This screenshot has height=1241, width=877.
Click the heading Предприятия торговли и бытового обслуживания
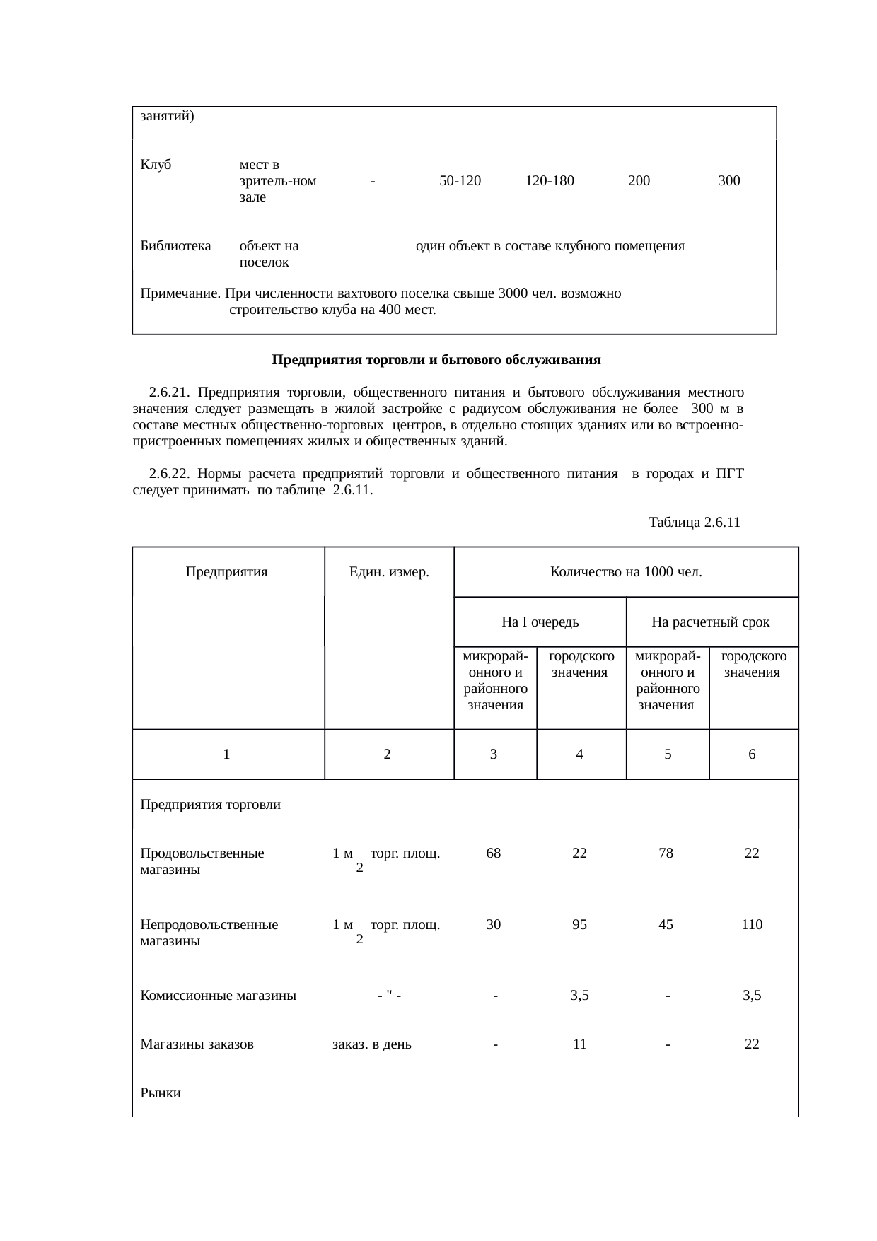436,360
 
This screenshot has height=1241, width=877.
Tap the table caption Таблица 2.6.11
694,523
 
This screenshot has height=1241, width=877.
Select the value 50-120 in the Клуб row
460,181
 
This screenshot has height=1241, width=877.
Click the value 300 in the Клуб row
728,181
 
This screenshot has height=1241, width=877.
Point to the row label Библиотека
175,246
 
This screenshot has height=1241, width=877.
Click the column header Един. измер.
389,572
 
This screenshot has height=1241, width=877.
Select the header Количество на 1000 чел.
626,572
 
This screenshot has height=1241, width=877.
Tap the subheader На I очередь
540,622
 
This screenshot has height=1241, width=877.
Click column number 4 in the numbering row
579,754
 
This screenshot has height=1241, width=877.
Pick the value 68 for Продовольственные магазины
494,853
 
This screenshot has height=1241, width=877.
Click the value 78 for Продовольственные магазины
666,853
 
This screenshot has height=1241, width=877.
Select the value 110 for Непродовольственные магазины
752,925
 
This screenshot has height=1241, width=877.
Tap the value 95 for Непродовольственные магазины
579,925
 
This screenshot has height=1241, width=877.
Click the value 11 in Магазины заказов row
579,1044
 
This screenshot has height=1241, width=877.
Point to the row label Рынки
161,1093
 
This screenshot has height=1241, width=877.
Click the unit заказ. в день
372,1044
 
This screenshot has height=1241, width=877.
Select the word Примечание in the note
180,293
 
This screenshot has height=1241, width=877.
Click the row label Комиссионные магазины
218,996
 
